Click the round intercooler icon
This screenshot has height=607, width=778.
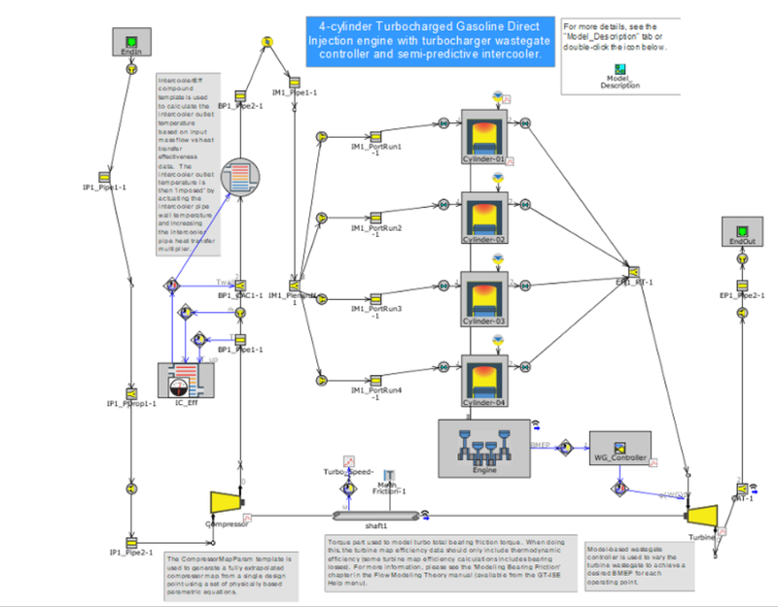[243, 177]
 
